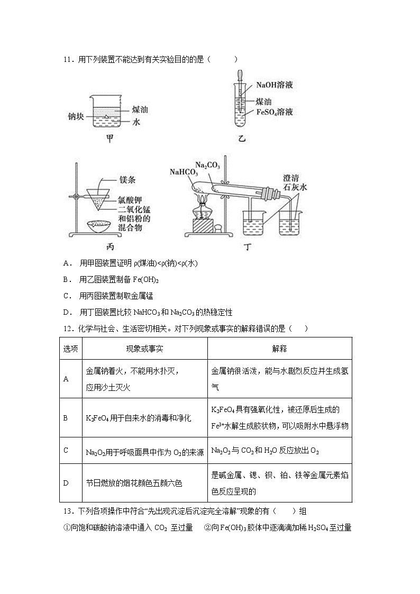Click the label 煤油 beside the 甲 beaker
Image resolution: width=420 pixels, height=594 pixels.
(x=140, y=109)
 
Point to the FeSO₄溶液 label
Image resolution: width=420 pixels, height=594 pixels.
(x=275, y=112)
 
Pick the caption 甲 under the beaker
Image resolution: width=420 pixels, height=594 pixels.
(x=109, y=139)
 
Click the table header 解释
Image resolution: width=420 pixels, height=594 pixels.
(x=279, y=348)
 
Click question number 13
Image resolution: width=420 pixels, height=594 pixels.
(x=67, y=511)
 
